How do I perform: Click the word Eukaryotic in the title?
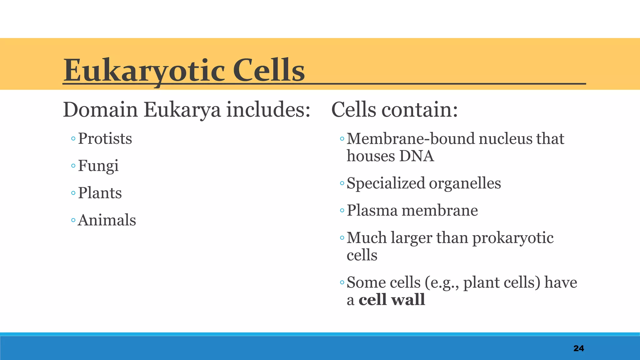(x=144, y=71)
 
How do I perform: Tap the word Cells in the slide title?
(x=268, y=71)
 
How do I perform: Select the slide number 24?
(x=578, y=348)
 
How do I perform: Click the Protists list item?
(x=105, y=139)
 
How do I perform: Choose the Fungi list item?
(x=98, y=166)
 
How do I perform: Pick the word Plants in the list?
(x=100, y=193)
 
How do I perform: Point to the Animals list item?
(x=107, y=220)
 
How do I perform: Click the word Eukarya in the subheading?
(x=182, y=110)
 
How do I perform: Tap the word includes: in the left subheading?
(x=268, y=110)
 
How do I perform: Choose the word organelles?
(x=465, y=183)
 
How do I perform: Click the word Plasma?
(x=372, y=211)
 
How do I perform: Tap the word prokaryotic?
(x=512, y=238)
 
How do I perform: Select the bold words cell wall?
(x=392, y=300)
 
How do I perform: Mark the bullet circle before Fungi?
(x=73, y=166)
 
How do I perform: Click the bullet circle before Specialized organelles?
(x=342, y=183)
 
